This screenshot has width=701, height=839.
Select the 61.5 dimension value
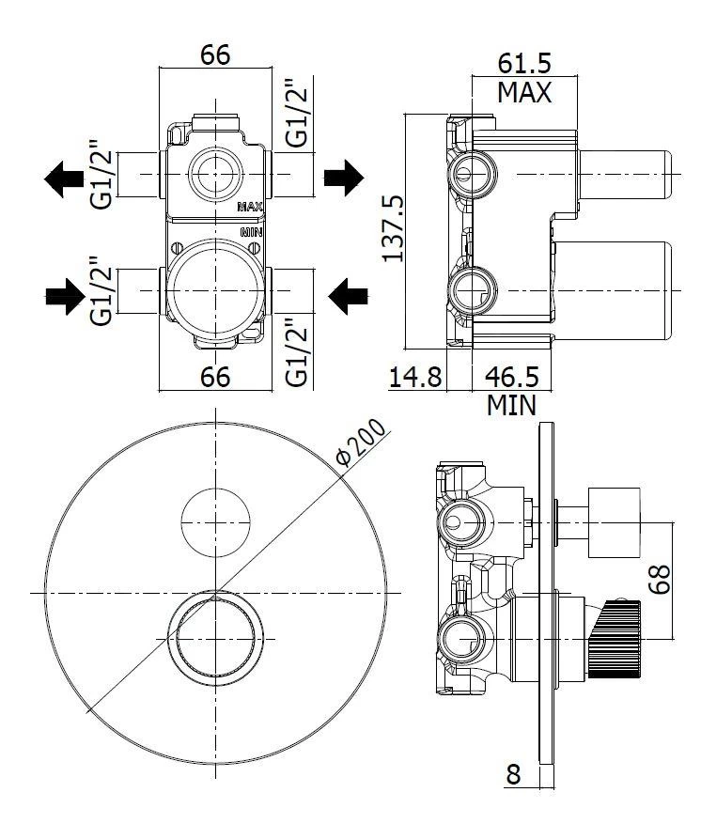click(523, 63)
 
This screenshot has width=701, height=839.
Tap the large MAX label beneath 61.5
click(523, 92)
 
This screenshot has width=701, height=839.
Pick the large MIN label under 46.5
click(511, 406)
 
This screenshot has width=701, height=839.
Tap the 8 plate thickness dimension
click(513, 774)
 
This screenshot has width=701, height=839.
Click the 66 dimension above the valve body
click(215, 54)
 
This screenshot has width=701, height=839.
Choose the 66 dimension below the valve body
click(215, 377)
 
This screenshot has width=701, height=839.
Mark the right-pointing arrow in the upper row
click(343, 178)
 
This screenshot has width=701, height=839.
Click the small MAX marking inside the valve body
click(249, 207)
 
